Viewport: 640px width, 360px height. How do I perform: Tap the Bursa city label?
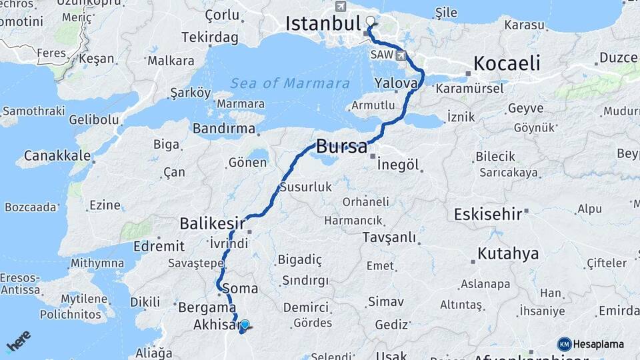pos(341,146)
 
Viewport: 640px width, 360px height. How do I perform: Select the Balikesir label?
pos(212,222)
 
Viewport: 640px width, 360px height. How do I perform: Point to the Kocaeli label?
pos(506,63)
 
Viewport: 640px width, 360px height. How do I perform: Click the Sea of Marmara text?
pos(290,83)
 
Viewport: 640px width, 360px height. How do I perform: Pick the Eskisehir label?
pos(487,215)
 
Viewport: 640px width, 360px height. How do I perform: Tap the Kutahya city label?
pos(508,253)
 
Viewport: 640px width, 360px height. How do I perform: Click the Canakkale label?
pos(57,155)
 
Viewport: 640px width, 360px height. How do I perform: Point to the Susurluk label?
pos(306,187)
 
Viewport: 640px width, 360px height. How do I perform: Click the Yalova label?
pos(395,84)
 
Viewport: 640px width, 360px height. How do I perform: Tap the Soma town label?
pos(243,288)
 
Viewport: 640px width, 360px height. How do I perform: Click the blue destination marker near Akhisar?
pos(245,325)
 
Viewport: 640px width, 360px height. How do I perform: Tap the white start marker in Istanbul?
pos(371,21)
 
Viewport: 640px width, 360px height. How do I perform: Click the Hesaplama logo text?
pos(597,344)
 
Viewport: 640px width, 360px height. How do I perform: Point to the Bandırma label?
pos(224,128)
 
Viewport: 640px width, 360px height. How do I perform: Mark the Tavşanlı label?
pos(389,237)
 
